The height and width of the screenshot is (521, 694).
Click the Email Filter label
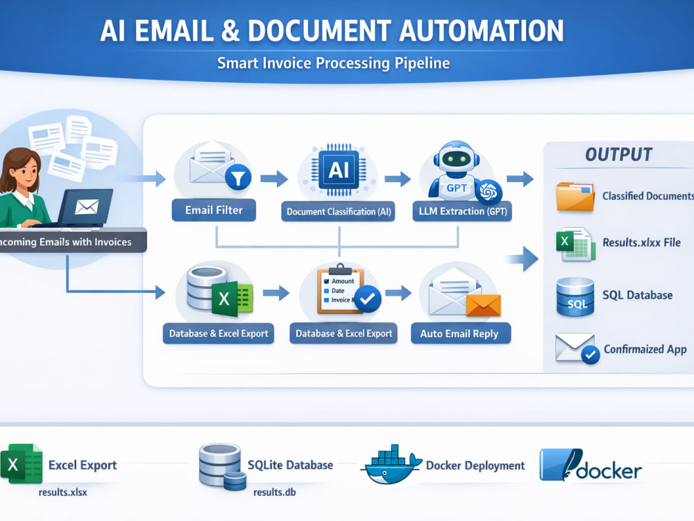point(214,210)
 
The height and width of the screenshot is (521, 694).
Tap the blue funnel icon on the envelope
point(238,178)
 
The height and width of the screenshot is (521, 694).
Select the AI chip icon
point(339,170)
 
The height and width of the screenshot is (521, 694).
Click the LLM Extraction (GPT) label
point(462,211)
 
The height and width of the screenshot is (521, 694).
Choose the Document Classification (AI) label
point(339,212)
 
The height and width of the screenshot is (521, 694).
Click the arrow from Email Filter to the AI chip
point(274,179)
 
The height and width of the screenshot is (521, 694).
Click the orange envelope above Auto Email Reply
point(483,305)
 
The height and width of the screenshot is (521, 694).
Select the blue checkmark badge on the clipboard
point(367,299)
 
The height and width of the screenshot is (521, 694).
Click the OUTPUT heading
point(619,155)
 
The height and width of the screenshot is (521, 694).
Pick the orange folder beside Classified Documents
point(575,197)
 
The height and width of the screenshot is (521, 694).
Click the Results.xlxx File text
point(641,242)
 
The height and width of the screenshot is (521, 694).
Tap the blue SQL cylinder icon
point(575,297)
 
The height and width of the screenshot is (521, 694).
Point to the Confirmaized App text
point(645,349)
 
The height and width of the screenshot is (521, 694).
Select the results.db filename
point(274,493)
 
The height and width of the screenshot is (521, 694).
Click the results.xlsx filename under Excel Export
point(63,493)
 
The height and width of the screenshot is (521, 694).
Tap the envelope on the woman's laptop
point(86,206)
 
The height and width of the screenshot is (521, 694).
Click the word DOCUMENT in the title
point(319,31)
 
